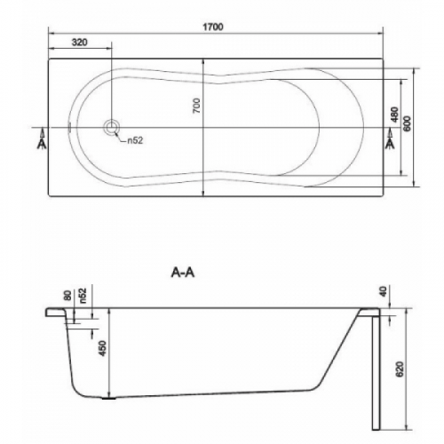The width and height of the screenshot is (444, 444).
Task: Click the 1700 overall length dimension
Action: pyautogui.click(x=213, y=27)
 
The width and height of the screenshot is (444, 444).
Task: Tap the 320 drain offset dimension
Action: pyautogui.click(x=80, y=43)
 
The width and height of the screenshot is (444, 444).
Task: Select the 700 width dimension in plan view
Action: pyautogui.click(x=197, y=106)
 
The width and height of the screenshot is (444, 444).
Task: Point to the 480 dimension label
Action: pyautogui.click(x=394, y=115)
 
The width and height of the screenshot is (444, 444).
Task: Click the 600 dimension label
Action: pyautogui.click(x=408, y=123)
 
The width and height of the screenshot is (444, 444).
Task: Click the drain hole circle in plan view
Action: pyautogui.click(x=112, y=128)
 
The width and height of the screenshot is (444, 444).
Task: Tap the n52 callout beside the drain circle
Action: pyautogui.click(x=135, y=140)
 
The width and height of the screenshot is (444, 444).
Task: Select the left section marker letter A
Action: pyautogui.click(x=42, y=143)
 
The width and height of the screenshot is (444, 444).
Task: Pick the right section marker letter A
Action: pyautogui.click(x=391, y=143)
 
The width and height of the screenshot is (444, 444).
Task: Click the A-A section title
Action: pyautogui.click(x=183, y=273)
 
